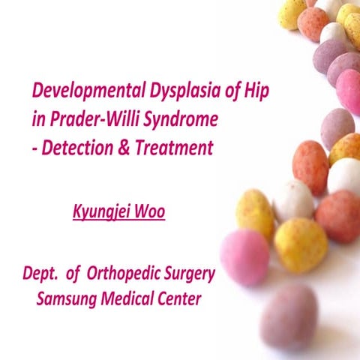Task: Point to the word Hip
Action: (256, 94)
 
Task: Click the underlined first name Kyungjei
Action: (102, 213)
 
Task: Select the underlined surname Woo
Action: (149, 212)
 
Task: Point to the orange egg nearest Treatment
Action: (310, 167)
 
